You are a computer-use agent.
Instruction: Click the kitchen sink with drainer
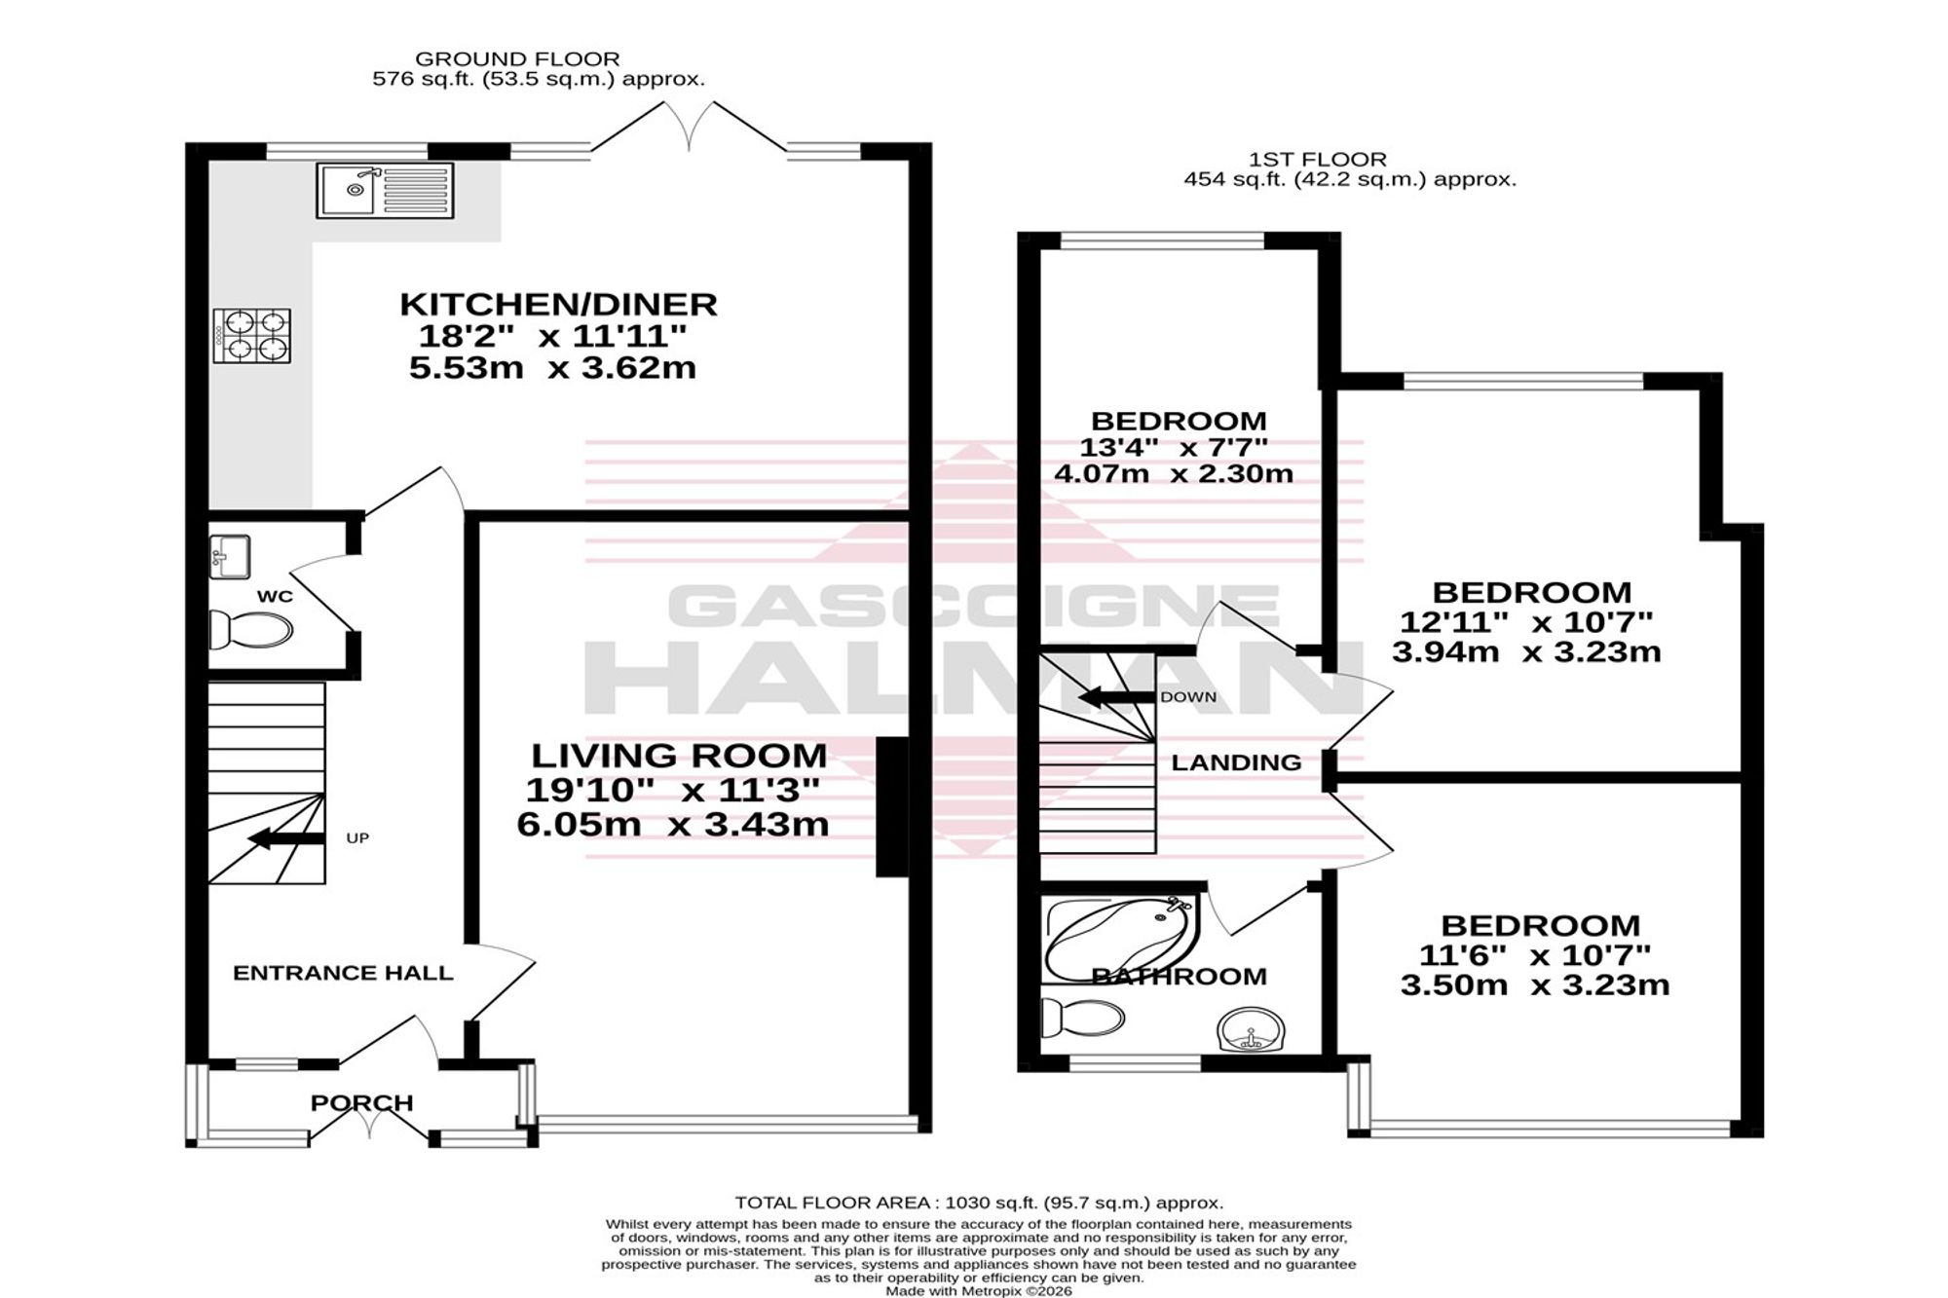[385, 190]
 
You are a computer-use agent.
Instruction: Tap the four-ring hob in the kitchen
[252, 336]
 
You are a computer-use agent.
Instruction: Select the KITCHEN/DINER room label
[559, 305]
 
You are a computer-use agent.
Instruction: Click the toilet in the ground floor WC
[250, 631]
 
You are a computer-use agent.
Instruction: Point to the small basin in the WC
[230, 557]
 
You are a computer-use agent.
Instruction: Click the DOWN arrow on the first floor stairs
[1116, 697]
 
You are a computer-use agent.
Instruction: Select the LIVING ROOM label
[679, 756]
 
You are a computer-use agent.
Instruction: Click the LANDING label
[1236, 762]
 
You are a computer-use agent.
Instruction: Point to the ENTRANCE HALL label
[343, 973]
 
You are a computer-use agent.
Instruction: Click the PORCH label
[362, 1103]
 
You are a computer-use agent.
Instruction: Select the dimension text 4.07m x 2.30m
[1174, 474]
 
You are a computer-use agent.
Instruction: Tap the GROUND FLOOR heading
[517, 59]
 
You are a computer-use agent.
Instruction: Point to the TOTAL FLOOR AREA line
[979, 1203]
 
